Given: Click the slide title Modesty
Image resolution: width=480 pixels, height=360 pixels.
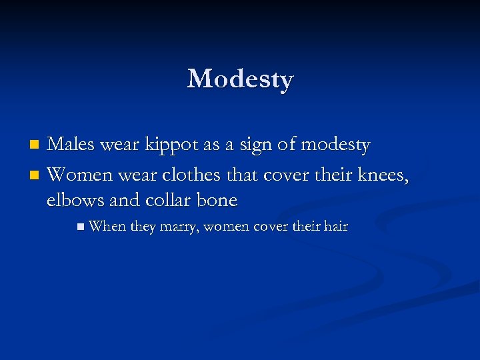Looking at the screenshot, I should click(x=240, y=79).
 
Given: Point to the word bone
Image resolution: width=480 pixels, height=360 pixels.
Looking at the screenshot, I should click(x=219, y=200).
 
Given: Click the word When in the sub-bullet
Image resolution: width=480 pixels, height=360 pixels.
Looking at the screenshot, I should click(x=107, y=227).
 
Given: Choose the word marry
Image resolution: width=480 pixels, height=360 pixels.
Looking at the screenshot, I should click(x=178, y=227).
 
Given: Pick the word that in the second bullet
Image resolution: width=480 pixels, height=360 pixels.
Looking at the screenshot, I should click(x=243, y=175).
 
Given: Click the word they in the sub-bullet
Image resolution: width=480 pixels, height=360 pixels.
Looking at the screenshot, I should click(x=143, y=227).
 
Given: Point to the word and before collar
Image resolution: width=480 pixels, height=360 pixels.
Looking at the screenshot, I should click(x=125, y=200).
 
